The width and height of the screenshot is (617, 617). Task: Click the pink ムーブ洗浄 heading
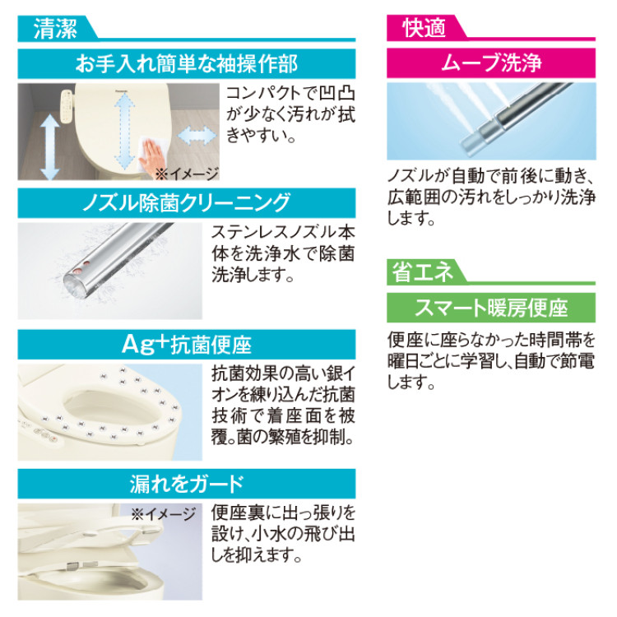491,64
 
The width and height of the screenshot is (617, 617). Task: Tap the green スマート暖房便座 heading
491,308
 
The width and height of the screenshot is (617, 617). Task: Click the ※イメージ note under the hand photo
188,173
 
